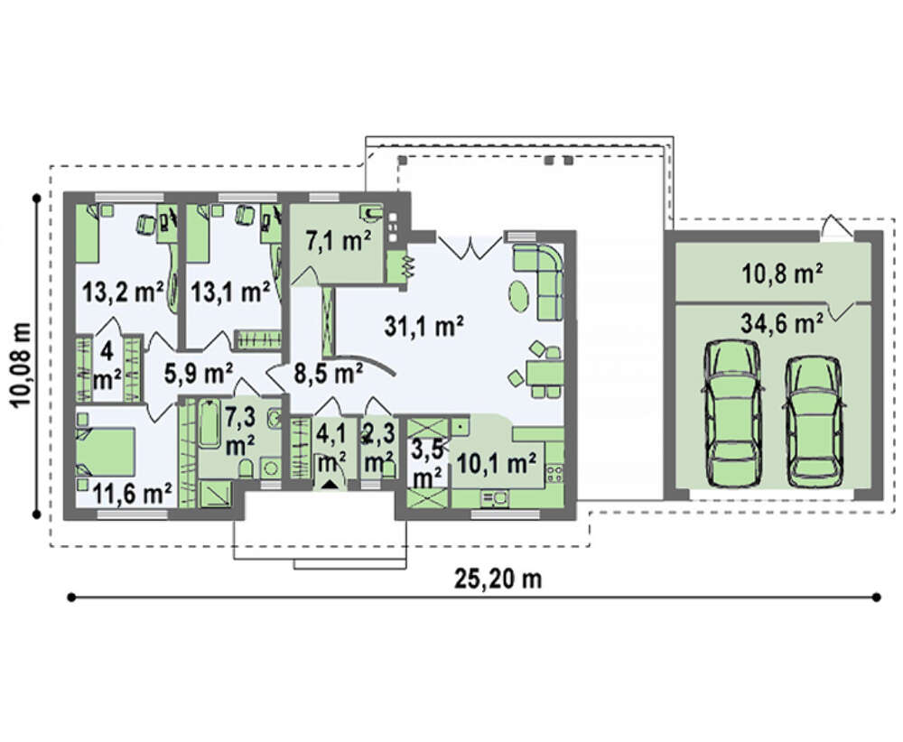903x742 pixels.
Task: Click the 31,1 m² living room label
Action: pos(424,327)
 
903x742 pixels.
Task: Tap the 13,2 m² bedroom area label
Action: pos(123,292)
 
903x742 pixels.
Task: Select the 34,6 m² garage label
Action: pos(781,323)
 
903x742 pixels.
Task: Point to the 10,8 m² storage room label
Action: pos(781,274)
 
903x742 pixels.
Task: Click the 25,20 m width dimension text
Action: pos(498,579)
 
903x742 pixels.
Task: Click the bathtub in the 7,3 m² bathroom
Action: pos(209,423)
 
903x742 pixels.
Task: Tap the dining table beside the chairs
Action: pos(544,373)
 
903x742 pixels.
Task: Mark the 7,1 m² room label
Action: pos(338,241)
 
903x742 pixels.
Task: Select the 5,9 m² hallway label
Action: pos(199,374)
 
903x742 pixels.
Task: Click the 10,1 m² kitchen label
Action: pos(497,462)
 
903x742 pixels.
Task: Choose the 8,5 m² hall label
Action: pos(329,374)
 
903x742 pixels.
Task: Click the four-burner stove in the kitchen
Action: pos(554,474)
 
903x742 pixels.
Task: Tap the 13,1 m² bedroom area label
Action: pos(230,292)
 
